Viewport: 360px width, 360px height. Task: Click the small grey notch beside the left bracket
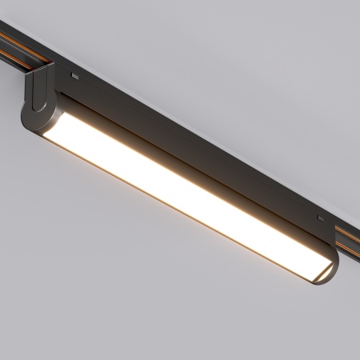(x=74, y=77)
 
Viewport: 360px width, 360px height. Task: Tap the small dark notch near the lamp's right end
(x=320, y=218)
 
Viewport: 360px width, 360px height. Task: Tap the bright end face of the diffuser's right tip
(x=314, y=273)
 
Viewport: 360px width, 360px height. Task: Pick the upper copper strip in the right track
(x=349, y=230)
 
